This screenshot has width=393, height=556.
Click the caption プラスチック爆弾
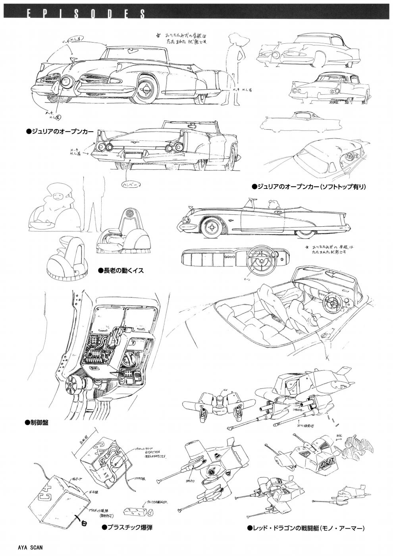click(127, 528)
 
